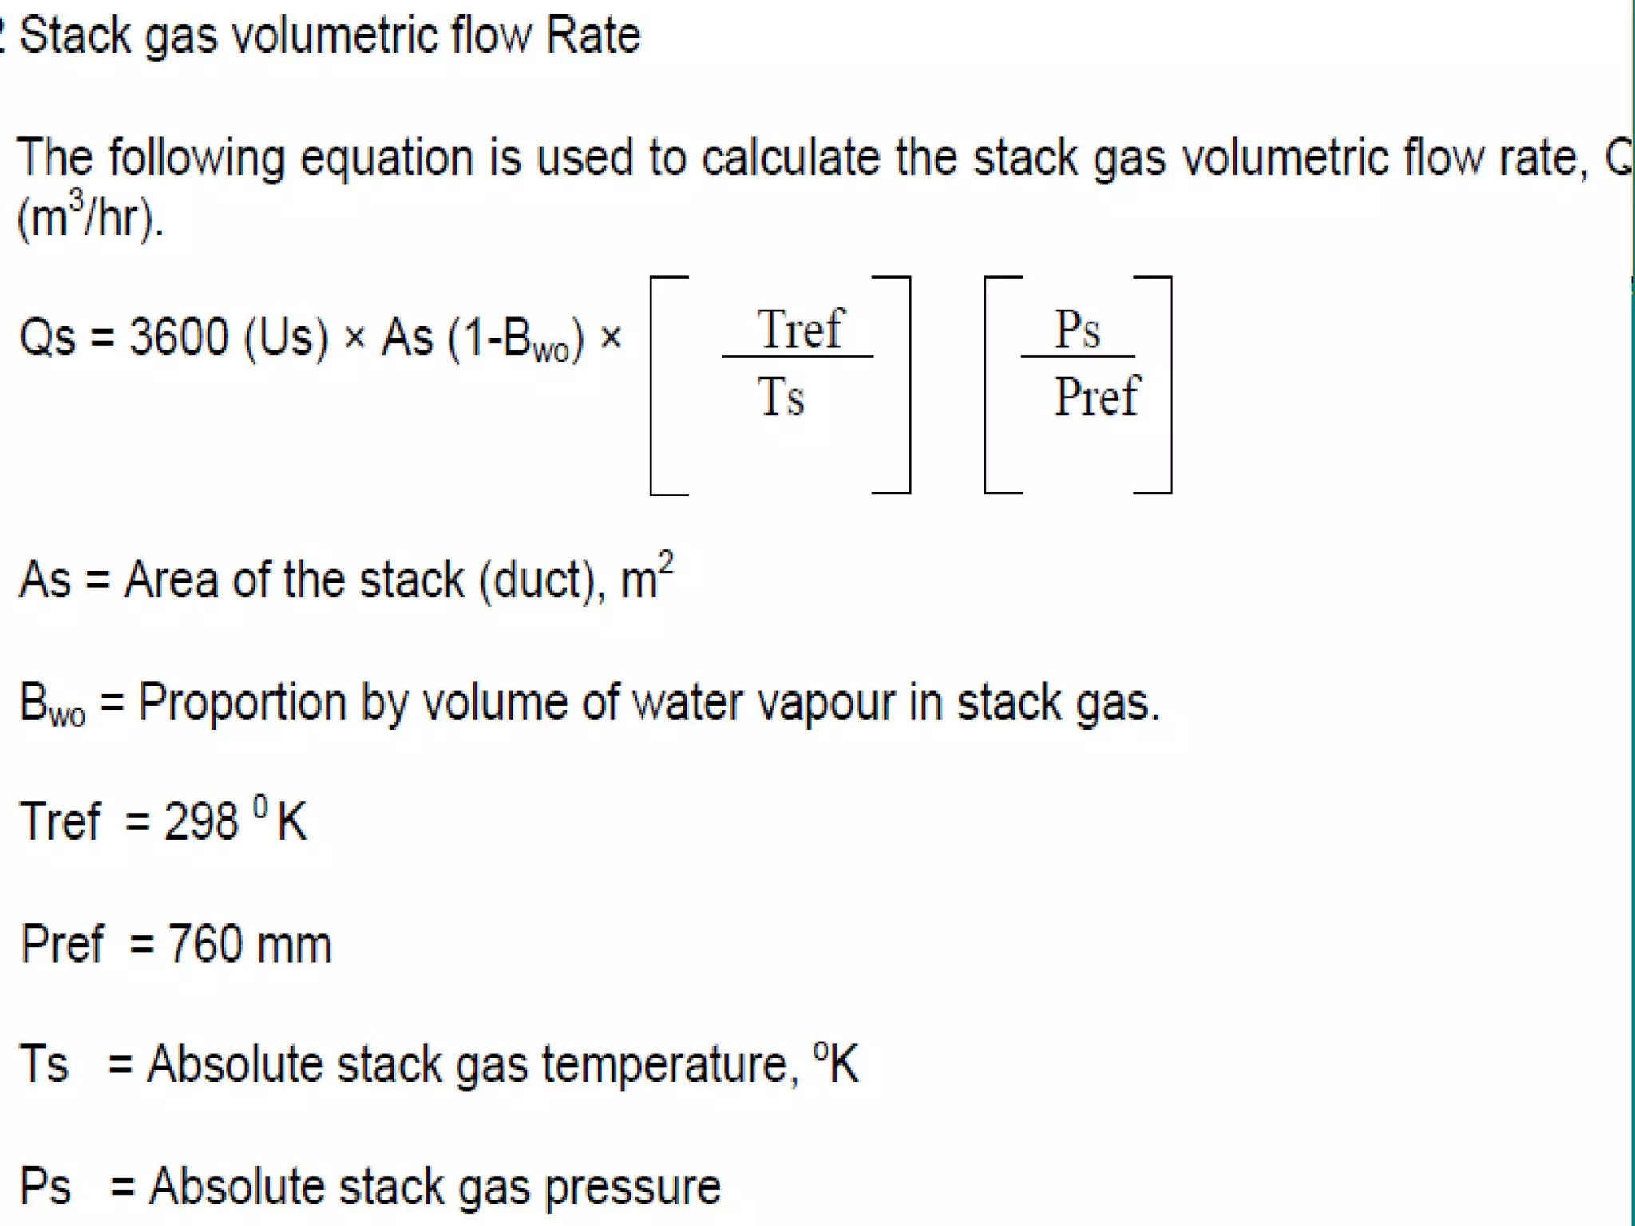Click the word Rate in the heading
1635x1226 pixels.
tap(592, 35)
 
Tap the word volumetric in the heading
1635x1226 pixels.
tap(335, 35)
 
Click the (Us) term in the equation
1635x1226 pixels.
tap(286, 338)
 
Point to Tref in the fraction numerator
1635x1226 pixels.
tap(800, 329)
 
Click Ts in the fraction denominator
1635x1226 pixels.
tap(780, 397)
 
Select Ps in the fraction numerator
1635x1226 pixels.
tap(1077, 329)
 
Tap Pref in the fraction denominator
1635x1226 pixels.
tap(1097, 397)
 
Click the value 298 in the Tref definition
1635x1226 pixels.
tap(200, 821)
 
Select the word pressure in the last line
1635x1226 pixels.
tap(632, 1187)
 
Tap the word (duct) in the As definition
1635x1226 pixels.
tap(536, 579)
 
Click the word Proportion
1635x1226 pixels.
tap(242, 703)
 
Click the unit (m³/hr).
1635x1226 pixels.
tap(89, 217)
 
